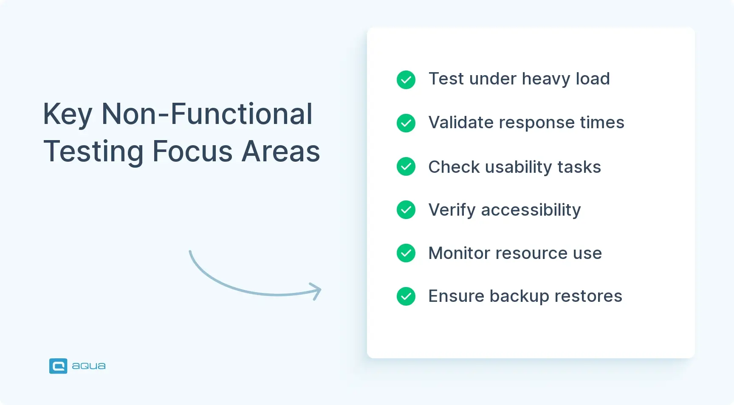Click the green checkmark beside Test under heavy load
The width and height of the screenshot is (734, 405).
406,80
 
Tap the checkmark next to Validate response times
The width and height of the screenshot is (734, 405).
406,123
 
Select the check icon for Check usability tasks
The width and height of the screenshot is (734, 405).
406,166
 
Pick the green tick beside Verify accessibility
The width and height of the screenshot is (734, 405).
406,210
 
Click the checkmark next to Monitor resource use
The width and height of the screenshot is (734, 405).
406,253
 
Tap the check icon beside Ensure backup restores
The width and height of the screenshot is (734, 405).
406,296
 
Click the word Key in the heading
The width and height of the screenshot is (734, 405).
68,115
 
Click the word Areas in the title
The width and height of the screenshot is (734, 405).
281,151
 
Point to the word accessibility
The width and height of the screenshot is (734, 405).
531,210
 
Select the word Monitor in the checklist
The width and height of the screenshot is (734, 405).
459,253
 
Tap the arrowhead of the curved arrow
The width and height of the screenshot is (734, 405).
316,291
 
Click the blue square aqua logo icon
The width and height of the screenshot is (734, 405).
58,366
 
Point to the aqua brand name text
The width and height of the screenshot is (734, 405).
89,366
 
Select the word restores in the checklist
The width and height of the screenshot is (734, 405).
588,296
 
